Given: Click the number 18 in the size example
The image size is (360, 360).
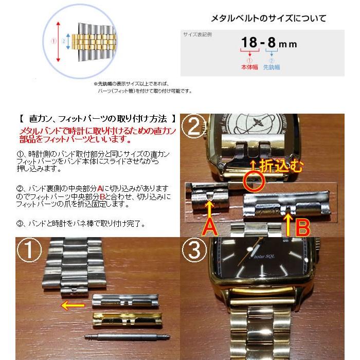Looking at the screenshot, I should tap(250, 43).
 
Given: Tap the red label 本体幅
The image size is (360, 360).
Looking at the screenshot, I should tap(249, 67).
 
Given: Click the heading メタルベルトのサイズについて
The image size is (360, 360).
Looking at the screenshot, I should tap(268, 19).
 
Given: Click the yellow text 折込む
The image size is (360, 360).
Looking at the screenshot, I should tap(280, 166).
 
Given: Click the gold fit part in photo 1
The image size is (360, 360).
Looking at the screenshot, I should tap(125, 318).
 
